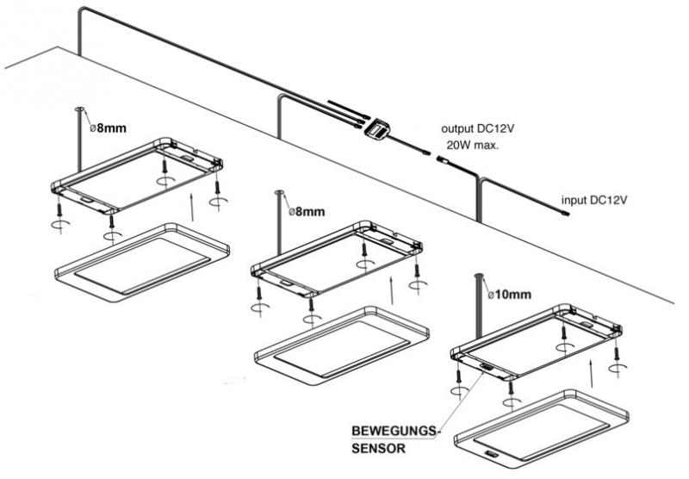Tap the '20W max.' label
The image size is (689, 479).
pos(471,146)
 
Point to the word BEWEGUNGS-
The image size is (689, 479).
pos(395,430)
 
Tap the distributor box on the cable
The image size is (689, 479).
pos(376,128)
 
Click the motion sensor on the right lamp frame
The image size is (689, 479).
pos(487,369)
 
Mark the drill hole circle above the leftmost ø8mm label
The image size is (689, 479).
pos(78,109)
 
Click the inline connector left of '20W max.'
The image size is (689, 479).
pos(442,159)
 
